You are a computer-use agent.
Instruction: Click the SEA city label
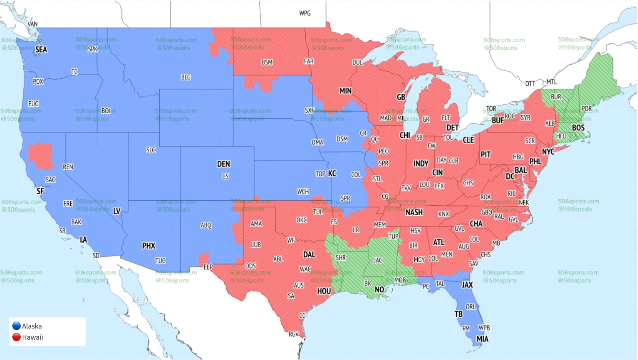point(41,50)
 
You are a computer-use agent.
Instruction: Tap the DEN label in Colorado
point(223,164)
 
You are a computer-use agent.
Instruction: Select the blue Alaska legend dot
point(17,326)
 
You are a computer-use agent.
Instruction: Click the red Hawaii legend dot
point(17,337)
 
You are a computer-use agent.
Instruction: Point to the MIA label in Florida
point(483,339)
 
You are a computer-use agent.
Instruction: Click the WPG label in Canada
point(305,13)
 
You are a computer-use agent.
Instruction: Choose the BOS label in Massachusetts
point(578,128)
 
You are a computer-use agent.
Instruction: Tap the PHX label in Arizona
point(149,246)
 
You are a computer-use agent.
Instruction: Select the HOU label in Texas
point(324,291)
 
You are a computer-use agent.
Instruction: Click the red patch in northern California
point(41,155)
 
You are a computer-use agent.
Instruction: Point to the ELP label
point(208,267)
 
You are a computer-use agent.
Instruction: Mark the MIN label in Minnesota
point(345,91)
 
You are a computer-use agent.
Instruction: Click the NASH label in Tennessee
point(414,212)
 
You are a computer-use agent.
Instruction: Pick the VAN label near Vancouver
point(33,24)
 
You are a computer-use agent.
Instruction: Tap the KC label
point(332,173)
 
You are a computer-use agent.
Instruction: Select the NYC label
point(548,152)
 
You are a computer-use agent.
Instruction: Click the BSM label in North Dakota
point(267,62)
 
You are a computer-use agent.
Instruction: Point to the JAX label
point(467,285)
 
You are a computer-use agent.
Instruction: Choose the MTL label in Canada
point(552,82)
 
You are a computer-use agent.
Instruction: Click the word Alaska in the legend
point(32,326)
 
